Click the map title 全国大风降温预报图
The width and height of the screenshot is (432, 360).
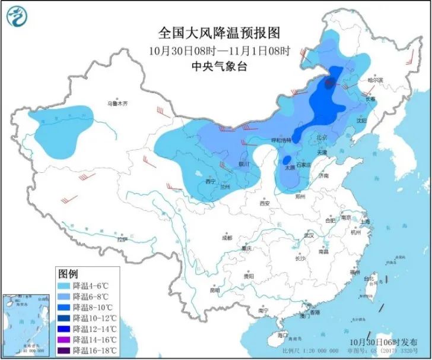[216, 32]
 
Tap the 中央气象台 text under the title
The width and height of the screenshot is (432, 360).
[216, 66]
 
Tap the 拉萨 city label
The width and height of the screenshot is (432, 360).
[122, 240]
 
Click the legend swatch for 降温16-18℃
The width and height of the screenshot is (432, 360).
[65, 350]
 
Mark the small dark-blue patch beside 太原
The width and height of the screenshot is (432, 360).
[287, 160]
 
